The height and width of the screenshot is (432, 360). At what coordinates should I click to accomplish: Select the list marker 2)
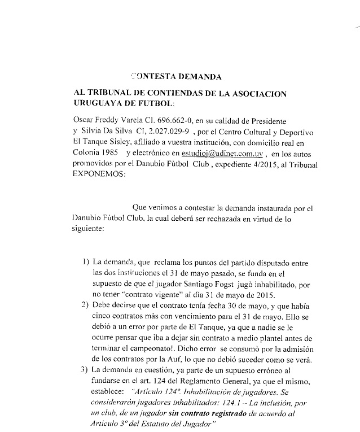85,306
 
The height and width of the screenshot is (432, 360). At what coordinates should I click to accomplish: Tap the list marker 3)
85,369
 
